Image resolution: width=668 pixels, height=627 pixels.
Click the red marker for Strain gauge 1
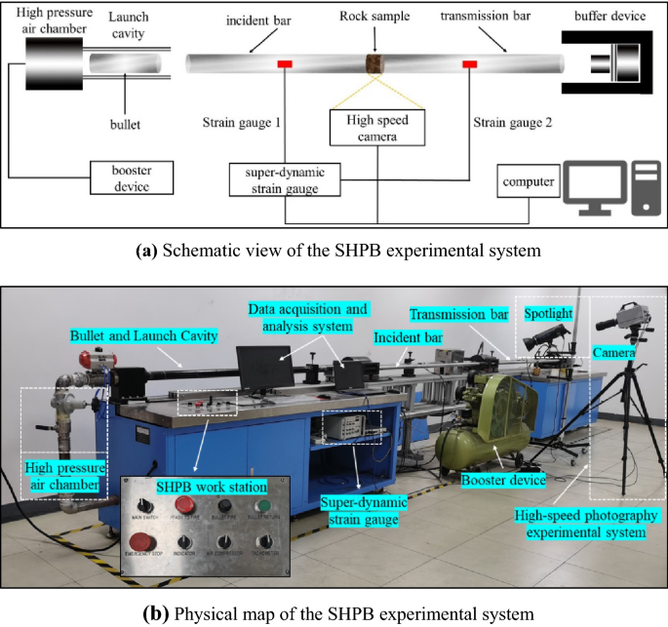click(286, 64)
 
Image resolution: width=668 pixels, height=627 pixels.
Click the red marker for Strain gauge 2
click(470, 64)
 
